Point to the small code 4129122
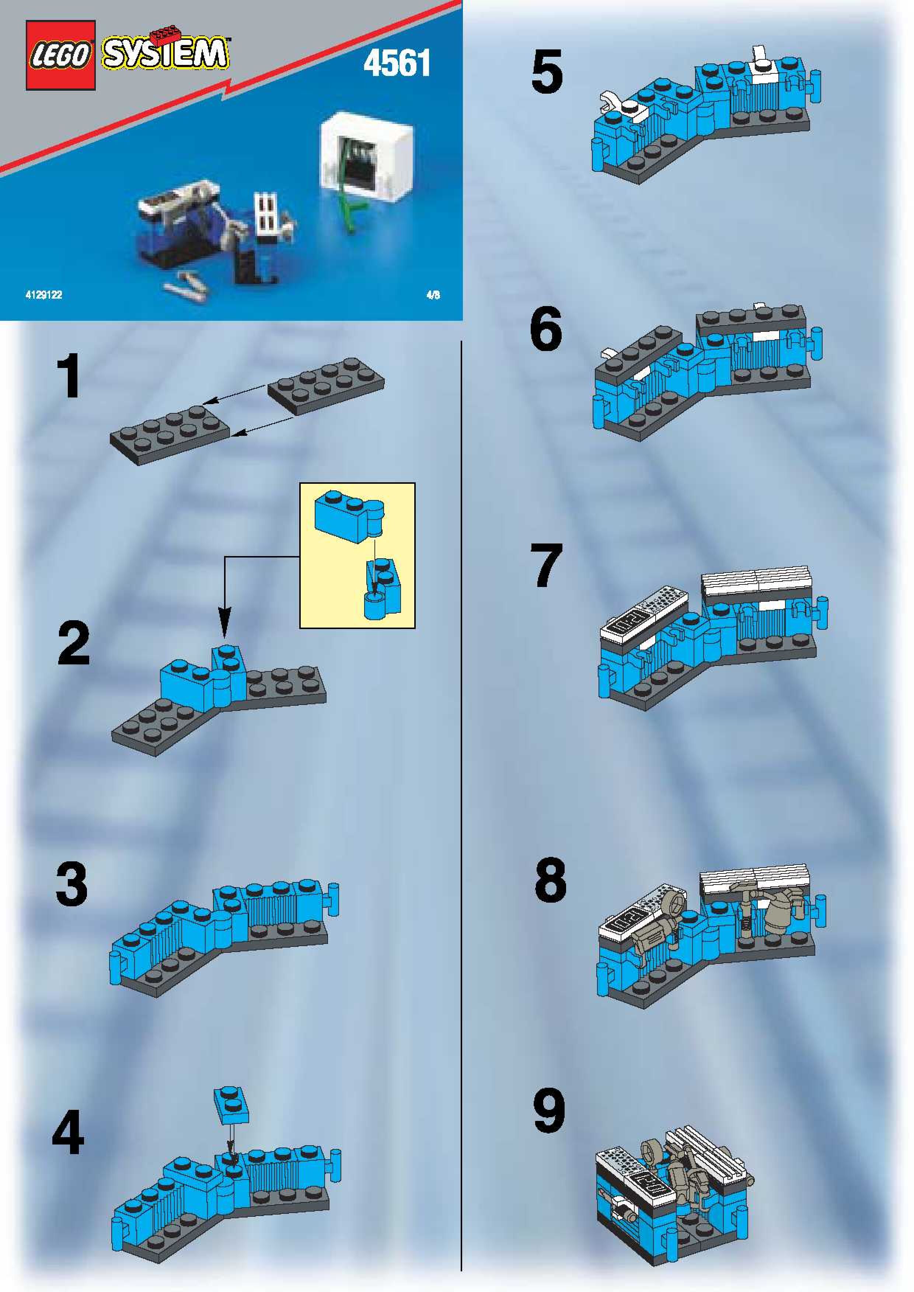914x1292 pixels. point(43,295)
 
